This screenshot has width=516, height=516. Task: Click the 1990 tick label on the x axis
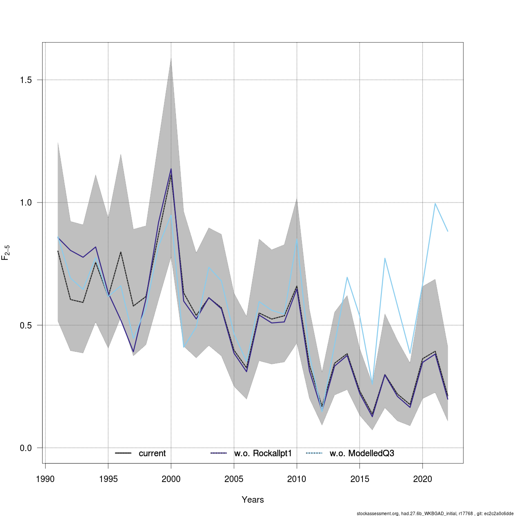pos(45,479)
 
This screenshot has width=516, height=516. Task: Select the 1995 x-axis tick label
pos(108,479)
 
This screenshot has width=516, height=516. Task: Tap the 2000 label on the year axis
pos(171,479)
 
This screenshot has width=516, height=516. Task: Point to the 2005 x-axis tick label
pos(234,479)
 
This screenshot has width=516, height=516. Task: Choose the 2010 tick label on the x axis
pos(297,479)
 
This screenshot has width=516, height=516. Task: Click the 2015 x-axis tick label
pos(359,479)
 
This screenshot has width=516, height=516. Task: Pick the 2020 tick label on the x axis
pos(423,479)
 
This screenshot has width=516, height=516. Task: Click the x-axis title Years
pos(253,500)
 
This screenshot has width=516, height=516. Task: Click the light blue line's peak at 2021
pos(435,203)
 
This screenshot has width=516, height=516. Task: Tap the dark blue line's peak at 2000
pos(171,169)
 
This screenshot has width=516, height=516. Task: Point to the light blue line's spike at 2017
pos(385,258)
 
